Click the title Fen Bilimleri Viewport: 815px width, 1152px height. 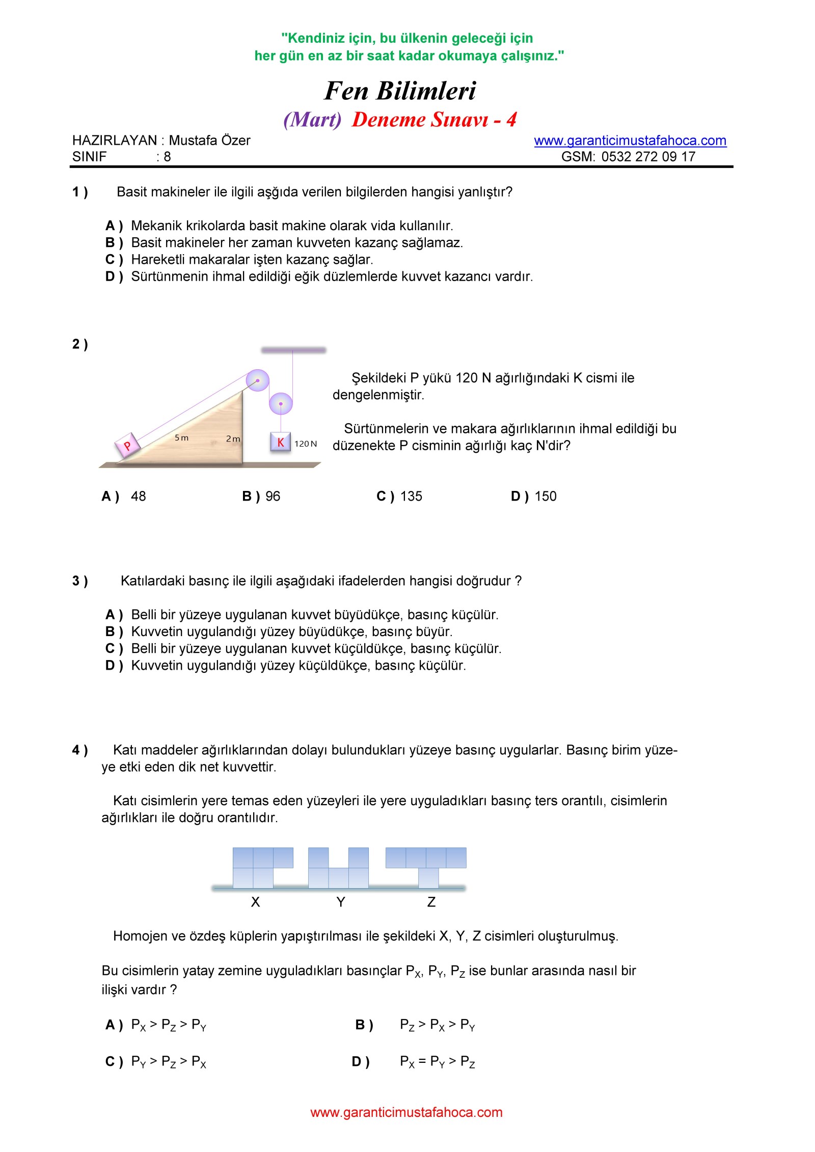point(400,91)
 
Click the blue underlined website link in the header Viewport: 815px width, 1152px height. point(630,141)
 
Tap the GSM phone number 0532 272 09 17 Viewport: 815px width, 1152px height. point(648,157)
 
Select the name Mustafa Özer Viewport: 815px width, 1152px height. point(209,141)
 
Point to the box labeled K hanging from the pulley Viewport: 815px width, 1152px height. point(280,442)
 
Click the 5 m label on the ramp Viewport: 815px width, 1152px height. point(181,438)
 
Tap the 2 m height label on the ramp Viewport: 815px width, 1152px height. point(233,439)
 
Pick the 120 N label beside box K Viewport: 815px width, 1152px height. point(306,444)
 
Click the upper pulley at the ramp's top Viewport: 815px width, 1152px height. point(258,380)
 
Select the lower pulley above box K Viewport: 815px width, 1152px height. point(281,404)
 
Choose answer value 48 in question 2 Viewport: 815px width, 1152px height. point(138,497)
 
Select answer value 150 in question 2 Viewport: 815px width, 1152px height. point(546,497)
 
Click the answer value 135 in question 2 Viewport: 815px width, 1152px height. point(411,497)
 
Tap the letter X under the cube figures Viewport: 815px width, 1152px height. point(256,902)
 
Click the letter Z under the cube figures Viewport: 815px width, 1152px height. point(431,902)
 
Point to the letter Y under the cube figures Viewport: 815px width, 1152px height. point(341,902)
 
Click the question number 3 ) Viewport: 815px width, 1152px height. point(80,581)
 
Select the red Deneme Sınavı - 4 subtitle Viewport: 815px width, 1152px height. point(434,120)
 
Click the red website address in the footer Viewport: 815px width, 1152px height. point(406,1112)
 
